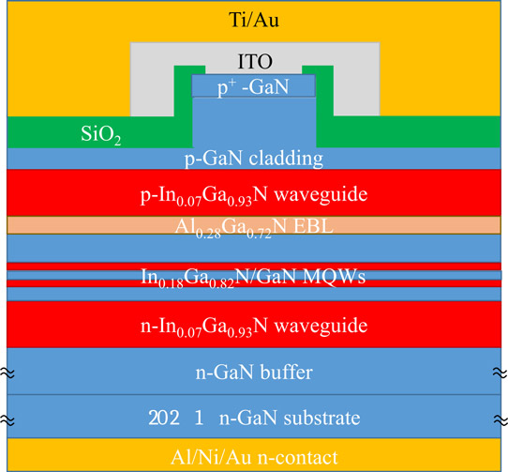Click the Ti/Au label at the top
[254, 20]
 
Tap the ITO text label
[255, 62]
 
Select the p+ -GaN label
[253, 87]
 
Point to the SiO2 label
[101, 134]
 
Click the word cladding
[286, 159]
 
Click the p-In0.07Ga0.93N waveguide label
[254, 195]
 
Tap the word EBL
[313, 226]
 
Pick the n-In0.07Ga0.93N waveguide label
[254, 327]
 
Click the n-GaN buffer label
[254, 373]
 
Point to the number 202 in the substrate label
[164, 418]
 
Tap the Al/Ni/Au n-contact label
[254, 457]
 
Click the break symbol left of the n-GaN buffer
[7, 373]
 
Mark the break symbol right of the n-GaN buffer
[501, 373]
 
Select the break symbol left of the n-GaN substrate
[7, 420]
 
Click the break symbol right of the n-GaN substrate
[501, 420]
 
